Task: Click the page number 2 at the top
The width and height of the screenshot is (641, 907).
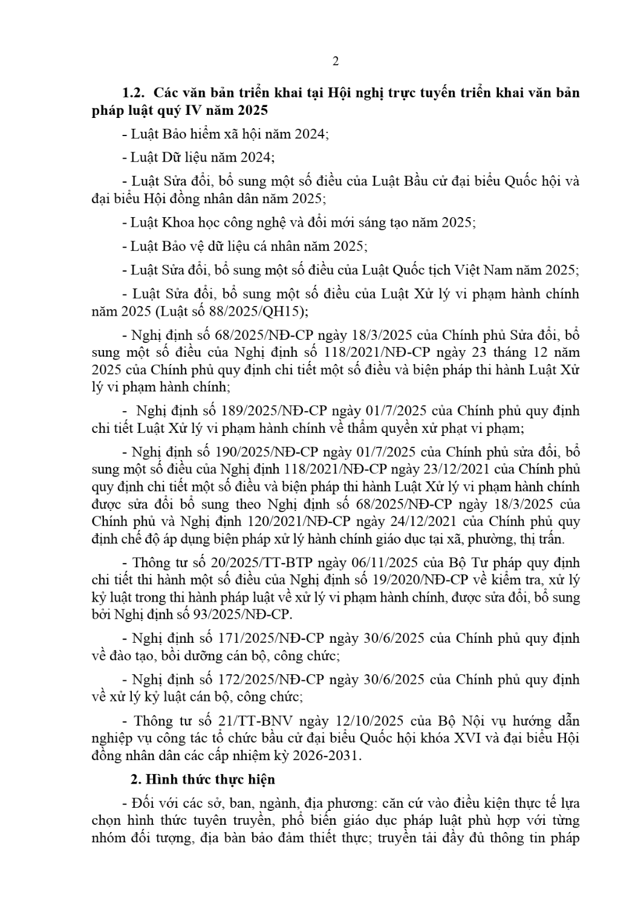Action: point(336,61)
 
